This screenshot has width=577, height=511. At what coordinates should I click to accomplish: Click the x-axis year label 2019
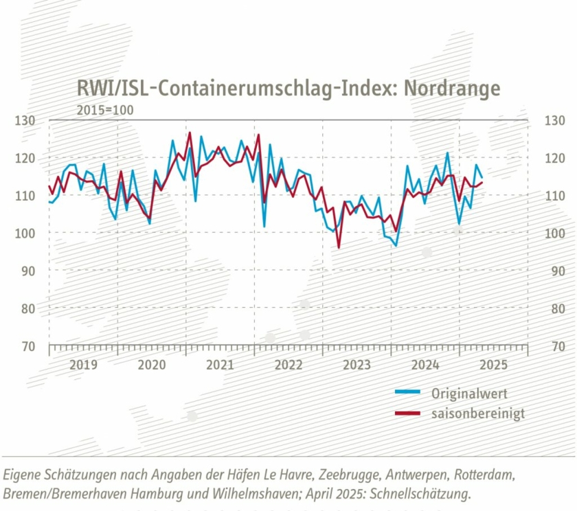(x=83, y=365)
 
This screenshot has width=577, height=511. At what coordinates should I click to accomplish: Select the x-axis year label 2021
(x=220, y=365)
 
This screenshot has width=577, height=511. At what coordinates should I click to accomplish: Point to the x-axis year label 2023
(x=357, y=365)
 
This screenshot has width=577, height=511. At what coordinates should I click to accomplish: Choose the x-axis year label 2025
(x=493, y=365)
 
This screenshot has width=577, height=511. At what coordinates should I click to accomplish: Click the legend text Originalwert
(x=470, y=394)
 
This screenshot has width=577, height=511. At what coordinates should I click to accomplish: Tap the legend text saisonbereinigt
(x=478, y=413)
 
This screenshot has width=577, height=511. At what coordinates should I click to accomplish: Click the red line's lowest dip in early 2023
(x=339, y=247)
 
